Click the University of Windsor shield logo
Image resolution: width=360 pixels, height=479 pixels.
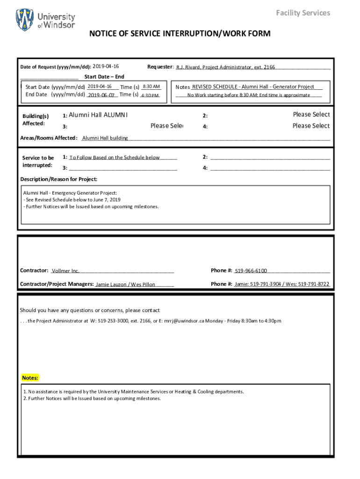pyautogui.click(x=25, y=20)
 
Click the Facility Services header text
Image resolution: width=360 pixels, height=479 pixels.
pyautogui.click(x=303, y=13)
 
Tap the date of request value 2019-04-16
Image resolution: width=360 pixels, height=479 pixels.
pyautogui.click(x=106, y=67)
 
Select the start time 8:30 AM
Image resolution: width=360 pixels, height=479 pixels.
pyautogui.click(x=151, y=87)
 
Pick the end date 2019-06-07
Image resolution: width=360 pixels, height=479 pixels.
pyautogui.click(x=101, y=95)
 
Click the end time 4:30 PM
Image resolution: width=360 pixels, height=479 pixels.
pyautogui.click(x=150, y=95)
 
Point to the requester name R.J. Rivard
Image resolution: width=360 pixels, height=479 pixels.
pyautogui.click(x=188, y=67)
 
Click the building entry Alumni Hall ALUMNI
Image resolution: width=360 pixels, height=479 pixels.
pyautogui.click(x=98, y=115)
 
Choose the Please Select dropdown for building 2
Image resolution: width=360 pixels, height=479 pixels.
pyautogui.click(x=311, y=115)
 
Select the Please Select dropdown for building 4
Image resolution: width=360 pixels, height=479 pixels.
pyautogui.click(x=311, y=126)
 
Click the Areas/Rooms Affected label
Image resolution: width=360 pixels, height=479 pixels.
pyautogui.click(x=49, y=138)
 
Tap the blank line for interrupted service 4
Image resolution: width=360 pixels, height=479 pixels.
pyautogui.click(x=270, y=168)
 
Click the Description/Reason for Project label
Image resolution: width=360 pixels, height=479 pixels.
pyautogui.click(x=59, y=179)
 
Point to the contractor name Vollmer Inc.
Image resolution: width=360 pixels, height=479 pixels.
pyautogui.click(x=65, y=271)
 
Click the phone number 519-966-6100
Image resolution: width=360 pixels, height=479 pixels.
pyautogui.click(x=251, y=271)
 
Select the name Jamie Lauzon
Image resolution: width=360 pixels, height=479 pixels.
pyautogui.click(x=111, y=284)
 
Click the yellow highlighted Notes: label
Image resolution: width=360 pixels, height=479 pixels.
pyautogui.click(x=30, y=377)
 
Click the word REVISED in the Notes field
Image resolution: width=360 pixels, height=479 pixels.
pyautogui.click(x=202, y=87)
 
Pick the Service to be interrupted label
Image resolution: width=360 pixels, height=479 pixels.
pyautogui.click(x=38, y=161)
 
